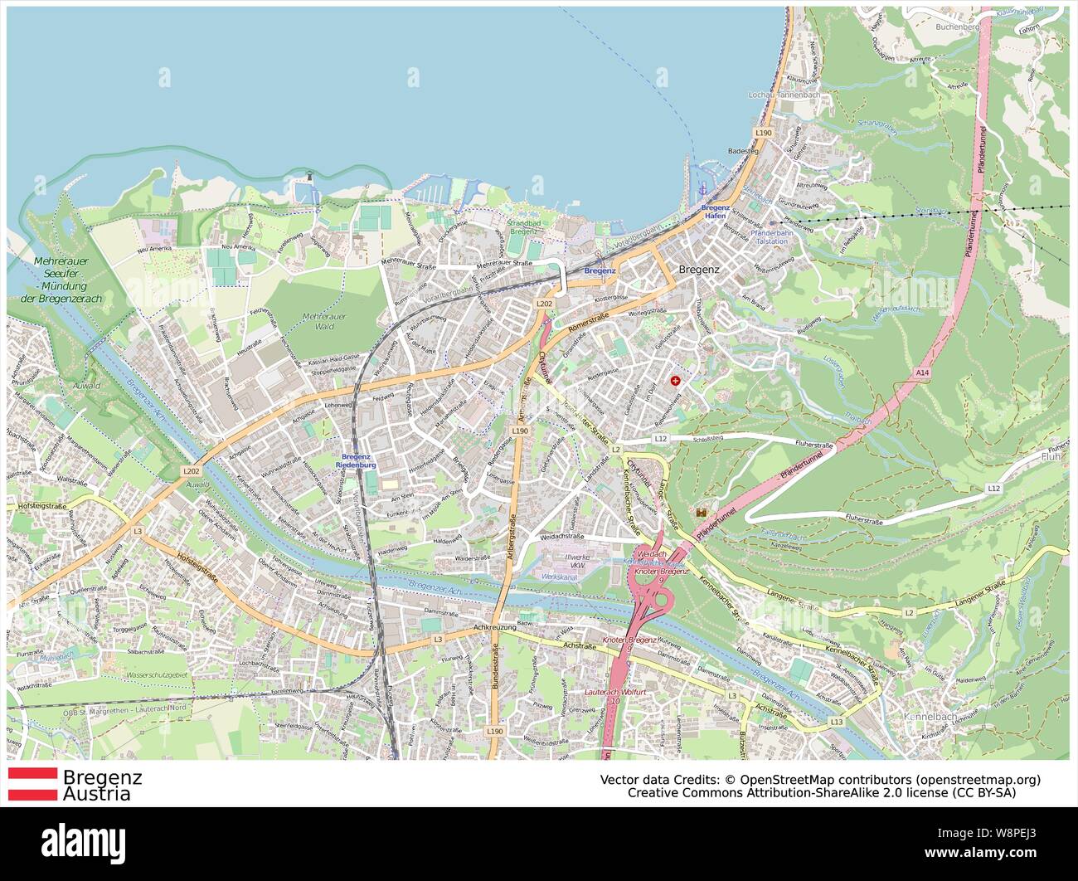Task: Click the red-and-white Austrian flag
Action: click(x=32, y=785)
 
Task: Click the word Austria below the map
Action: click(x=97, y=795)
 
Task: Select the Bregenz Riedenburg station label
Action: click(x=356, y=461)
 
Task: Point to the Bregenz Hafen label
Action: click(x=714, y=212)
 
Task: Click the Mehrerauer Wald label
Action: click(x=324, y=321)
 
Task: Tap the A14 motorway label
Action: click(x=923, y=374)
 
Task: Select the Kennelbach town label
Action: click(x=925, y=714)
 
